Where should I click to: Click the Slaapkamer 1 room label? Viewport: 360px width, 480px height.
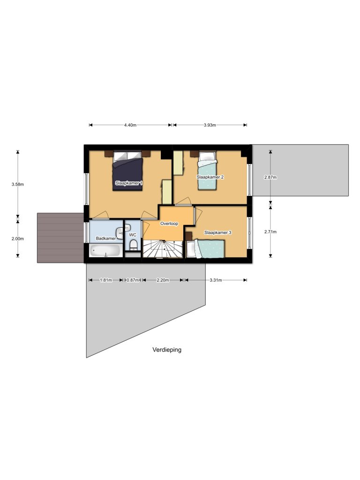pos(129,183)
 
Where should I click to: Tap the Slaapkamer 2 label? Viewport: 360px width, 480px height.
pos(210,177)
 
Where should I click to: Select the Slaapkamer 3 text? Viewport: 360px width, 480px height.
pos(217,232)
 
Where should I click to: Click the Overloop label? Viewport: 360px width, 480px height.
pos(169,224)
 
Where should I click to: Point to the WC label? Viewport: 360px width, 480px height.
pos(133,235)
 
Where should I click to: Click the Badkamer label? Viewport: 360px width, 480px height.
pos(106,238)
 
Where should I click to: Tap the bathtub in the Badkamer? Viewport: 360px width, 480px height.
pos(105,251)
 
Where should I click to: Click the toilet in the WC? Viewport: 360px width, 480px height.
pos(133,245)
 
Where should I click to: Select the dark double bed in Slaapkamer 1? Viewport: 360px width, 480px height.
pos(127,171)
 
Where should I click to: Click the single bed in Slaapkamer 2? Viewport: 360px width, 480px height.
pos(207,171)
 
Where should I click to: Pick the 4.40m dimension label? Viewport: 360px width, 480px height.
pos(130,125)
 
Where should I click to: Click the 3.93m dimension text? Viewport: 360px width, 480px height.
pos(210,125)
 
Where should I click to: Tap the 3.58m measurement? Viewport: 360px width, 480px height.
pos(17,184)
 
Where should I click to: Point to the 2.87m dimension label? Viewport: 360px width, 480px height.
pos(270,177)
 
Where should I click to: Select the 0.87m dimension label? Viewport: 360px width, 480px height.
pos(133,280)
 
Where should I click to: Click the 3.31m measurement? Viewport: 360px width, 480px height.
pos(216,280)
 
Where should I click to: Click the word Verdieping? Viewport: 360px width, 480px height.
pos(167,350)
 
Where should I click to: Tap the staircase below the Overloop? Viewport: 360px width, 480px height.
pos(163,249)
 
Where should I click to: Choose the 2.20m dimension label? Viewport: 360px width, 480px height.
pos(163,280)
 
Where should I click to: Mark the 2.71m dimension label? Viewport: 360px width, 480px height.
pos(270,232)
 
